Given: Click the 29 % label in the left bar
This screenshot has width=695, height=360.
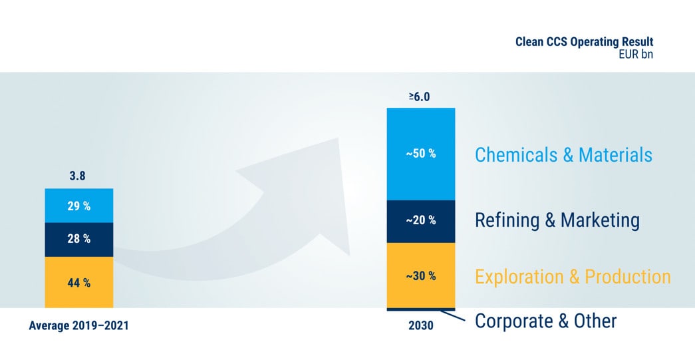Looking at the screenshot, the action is tap(79, 206).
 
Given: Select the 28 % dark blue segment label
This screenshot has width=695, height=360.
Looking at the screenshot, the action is tap(79, 239).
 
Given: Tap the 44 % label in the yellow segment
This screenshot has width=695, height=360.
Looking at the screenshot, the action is tap(79, 282).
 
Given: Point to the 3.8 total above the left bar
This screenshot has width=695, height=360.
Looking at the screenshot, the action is tap(77, 176).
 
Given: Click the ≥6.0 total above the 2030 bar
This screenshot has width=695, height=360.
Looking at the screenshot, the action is tap(419, 96).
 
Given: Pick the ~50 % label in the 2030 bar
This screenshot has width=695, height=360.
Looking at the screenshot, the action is tap(421, 154).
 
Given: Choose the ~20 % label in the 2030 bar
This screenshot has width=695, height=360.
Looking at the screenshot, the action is tap(421, 220).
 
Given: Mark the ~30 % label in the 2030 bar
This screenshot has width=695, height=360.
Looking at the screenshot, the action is tap(421, 276).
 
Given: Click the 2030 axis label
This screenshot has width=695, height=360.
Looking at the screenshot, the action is tap(421, 326).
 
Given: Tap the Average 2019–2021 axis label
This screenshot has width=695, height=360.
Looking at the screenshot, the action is tap(79, 326).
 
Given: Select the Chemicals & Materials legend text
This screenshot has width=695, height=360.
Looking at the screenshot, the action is tap(563, 155).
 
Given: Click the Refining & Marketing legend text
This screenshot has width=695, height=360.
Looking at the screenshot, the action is tap(557, 220).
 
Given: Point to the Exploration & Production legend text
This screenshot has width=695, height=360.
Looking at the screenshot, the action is tap(573, 277).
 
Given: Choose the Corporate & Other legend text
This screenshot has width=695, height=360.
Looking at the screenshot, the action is tap(545, 321).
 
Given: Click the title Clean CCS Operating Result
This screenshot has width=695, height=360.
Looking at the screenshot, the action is tap(584, 42).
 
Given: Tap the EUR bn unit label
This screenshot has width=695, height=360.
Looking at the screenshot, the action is tap(636, 55).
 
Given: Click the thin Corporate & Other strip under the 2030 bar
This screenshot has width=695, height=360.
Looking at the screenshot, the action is tap(421, 309).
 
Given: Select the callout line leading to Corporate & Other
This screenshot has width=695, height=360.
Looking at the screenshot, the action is tap(453, 315).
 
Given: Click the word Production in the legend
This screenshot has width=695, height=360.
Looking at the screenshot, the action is tap(628, 277).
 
